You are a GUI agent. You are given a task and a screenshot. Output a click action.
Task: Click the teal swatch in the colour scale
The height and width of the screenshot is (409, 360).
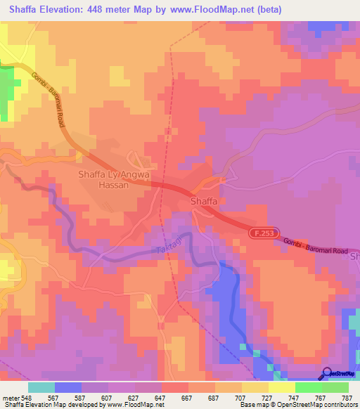(x=41, y=387)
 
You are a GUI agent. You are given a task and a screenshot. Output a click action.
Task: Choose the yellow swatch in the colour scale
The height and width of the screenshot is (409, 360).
(x=281, y=387)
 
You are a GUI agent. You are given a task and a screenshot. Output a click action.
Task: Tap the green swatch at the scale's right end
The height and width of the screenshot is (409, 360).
(x=335, y=387)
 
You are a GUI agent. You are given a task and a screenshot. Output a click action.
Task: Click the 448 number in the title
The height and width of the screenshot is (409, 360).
(x=105, y=10)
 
